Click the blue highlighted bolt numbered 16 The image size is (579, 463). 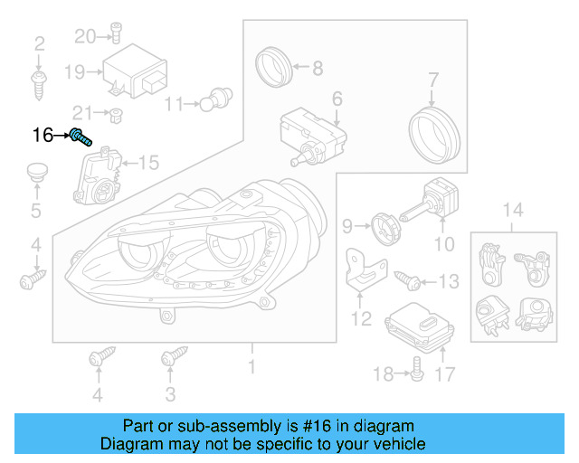pyautogui.click(x=80, y=137)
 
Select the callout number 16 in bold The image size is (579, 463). pyautogui.click(x=43, y=136)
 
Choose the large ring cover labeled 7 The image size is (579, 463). pyautogui.click(x=432, y=130)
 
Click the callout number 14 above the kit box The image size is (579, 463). pyautogui.click(x=513, y=211)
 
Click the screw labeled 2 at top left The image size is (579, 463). pyautogui.click(x=39, y=84)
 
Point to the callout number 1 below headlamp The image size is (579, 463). pyautogui.click(x=252, y=367)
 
